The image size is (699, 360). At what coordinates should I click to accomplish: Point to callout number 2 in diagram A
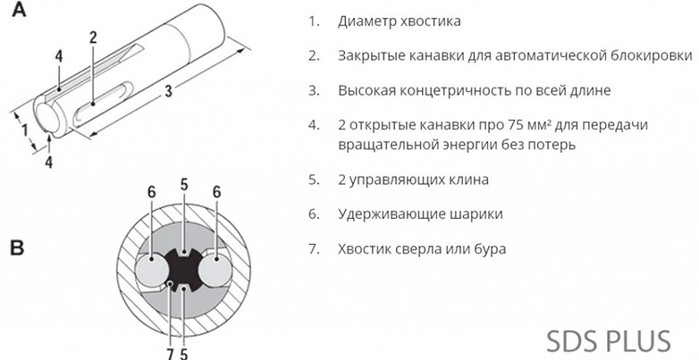[93, 37]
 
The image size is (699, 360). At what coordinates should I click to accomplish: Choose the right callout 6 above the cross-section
[216, 191]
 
